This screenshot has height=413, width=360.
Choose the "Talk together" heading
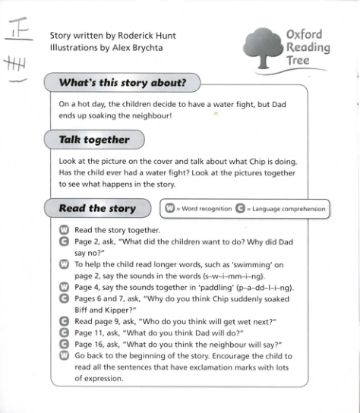(94, 140)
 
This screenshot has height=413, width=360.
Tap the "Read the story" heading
(97, 208)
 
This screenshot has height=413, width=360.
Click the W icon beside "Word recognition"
(170, 209)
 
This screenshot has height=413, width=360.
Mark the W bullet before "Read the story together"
(64, 230)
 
